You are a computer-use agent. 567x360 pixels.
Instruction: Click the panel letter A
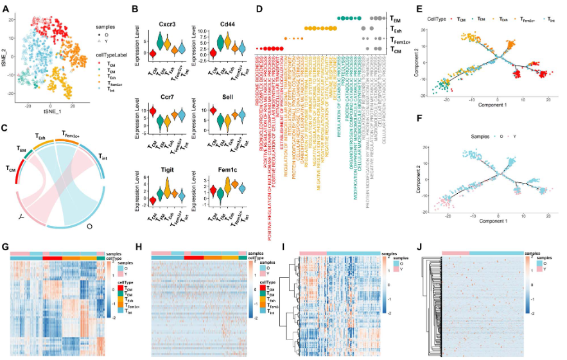(6, 8)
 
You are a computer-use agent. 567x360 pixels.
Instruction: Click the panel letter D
(257, 8)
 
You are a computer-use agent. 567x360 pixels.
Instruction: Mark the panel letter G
(6, 246)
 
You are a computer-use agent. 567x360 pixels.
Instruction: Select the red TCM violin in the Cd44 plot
(205, 53)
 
